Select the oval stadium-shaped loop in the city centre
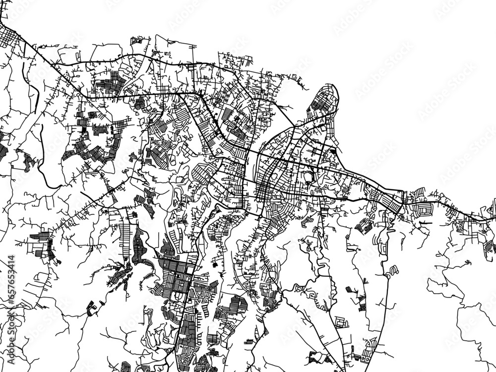point(311,176)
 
